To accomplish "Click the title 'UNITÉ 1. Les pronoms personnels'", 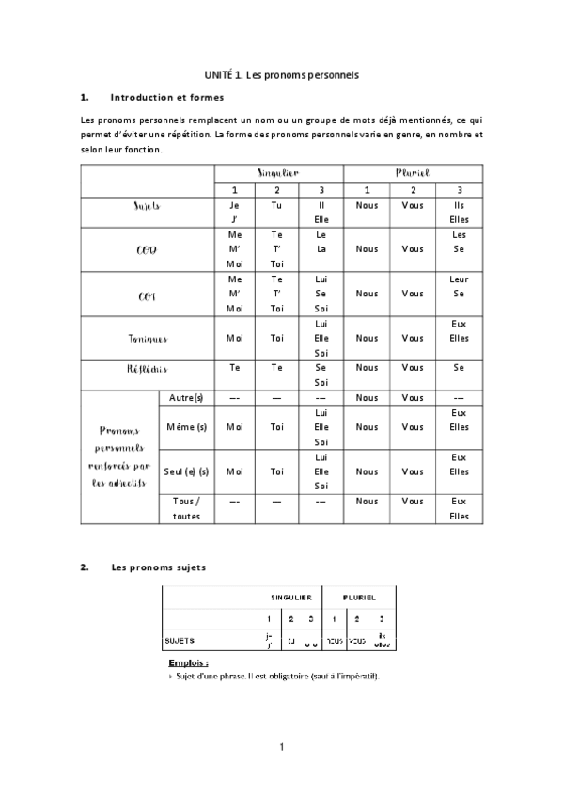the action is pos(282,73).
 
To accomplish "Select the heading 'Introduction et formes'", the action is pos(166,97).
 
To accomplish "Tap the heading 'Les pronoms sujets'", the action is pos(158,567).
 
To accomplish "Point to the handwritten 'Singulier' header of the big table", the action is pos(278,173).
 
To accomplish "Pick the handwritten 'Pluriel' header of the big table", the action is pos(413,173).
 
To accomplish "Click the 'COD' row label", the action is pos(147,249).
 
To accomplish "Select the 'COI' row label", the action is pos(147,295).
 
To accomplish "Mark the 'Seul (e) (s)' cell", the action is pos(186,471).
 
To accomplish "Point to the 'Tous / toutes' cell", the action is pos(186,508).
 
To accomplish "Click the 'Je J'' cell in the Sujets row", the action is pos(235,212).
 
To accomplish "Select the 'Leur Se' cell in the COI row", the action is pos(459,287).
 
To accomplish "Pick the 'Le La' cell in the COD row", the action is pos(321,242).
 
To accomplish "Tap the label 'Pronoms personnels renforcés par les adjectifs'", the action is pos(120,456).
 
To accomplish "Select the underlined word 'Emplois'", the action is pos(188,663).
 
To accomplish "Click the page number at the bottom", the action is pos(281,747).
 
